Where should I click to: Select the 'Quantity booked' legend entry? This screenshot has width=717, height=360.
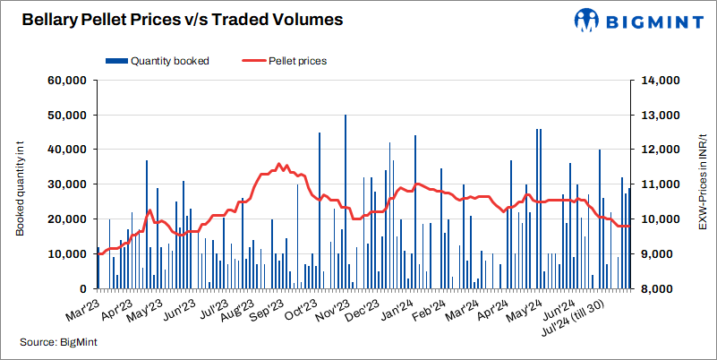(158, 62)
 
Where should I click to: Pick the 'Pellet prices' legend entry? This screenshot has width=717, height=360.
(285, 62)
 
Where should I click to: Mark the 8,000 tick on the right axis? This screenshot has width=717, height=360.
(653, 289)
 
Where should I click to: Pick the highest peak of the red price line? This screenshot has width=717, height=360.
(279, 165)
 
